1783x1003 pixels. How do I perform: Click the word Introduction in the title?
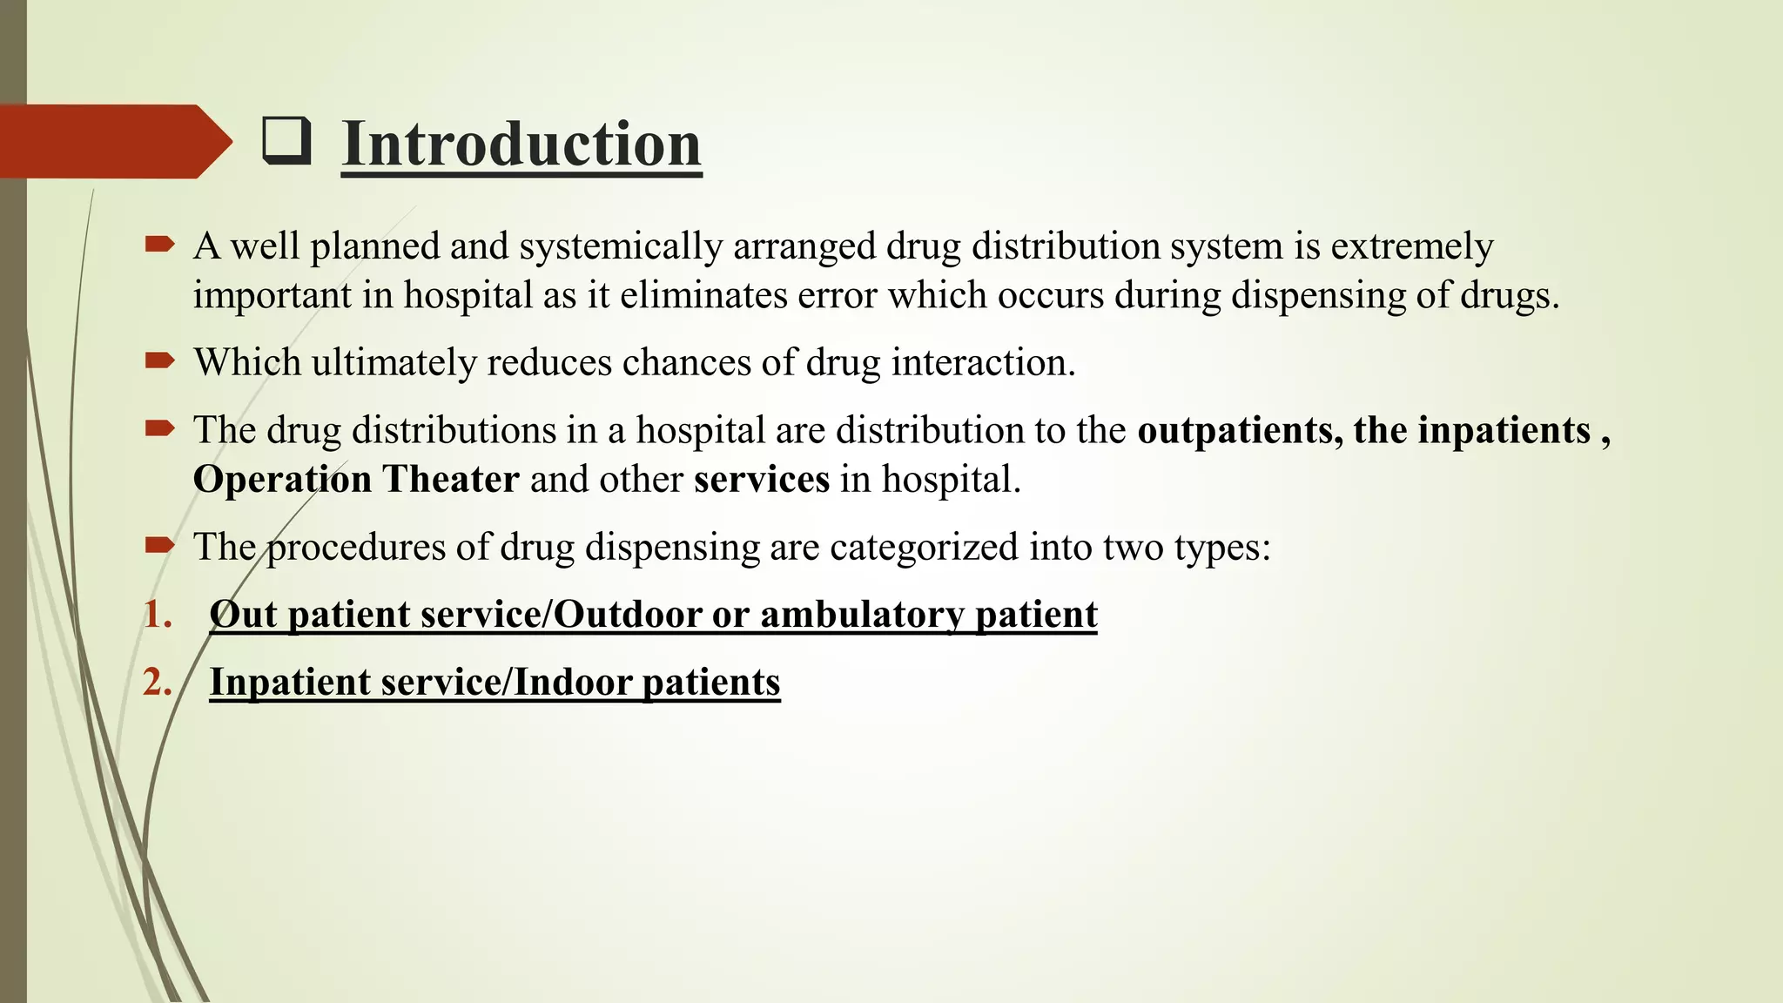pyautogui.click(x=521, y=144)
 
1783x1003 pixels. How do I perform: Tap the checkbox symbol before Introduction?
pyautogui.click(x=286, y=142)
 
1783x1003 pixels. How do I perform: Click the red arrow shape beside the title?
pyautogui.click(x=113, y=141)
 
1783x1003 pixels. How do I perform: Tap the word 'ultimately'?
pyautogui.click(x=394, y=362)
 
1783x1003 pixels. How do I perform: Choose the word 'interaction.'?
pyautogui.click(x=983, y=362)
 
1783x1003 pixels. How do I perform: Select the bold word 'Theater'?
pyautogui.click(x=451, y=479)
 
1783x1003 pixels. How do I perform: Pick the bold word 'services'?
pyautogui.click(x=762, y=479)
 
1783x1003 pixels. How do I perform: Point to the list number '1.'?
pyautogui.click(x=158, y=615)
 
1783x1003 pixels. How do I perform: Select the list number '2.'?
pyautogui.click(x=158, y=682)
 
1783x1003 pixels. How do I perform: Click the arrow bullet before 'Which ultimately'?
pyautogui.click(x=160, y=360)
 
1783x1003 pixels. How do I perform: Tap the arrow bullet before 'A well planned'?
pyautogui.click(x=160, y=245)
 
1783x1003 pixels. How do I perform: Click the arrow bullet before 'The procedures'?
pyautogui.click(x=160, y=545)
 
